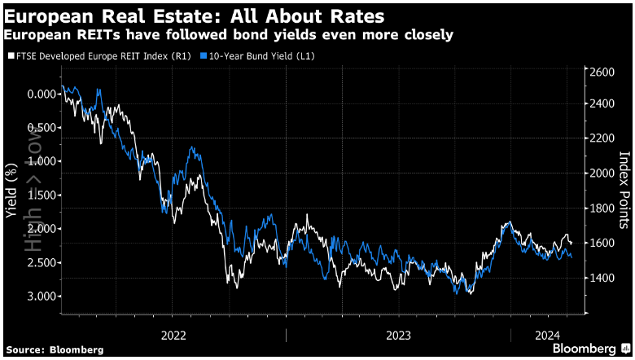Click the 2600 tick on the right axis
(604, 72)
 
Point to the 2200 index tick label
(604, 139)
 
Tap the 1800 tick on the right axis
(604, 209)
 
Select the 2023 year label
(398, 334)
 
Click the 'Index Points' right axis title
(625, 188)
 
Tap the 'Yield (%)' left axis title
(11, 190)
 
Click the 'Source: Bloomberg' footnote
(55, 349)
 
